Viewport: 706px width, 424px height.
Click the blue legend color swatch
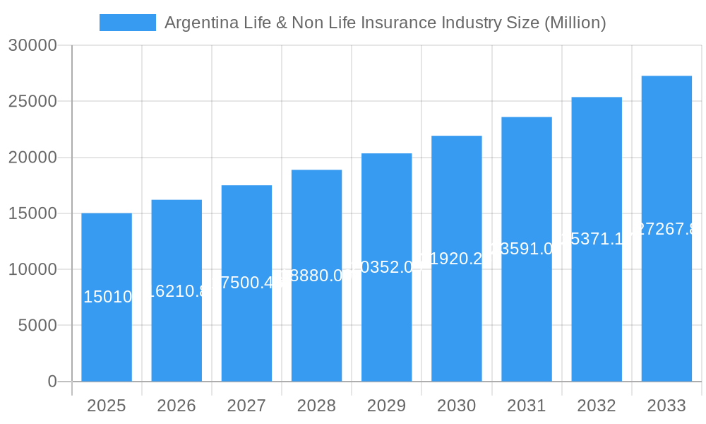coord(128,23)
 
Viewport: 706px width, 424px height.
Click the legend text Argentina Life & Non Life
coord(385,23)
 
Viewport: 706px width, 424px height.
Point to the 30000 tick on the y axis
coord(32,45)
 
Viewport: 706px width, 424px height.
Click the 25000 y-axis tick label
coord(32,101)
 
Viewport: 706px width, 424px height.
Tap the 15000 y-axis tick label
coord(32,213)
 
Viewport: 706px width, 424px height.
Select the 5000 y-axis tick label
coord(37,325)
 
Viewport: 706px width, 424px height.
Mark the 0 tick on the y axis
coord(52,382)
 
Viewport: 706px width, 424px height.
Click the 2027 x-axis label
coord(246,406)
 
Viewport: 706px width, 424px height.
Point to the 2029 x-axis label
coord(386,406)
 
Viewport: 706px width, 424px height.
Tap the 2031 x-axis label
coord(527,406)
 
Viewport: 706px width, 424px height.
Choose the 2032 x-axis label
coord(597,406)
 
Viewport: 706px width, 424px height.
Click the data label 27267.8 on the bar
coord(666,229)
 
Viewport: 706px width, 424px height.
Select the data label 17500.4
coord(246,283)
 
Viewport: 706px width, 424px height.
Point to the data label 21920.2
coord(457,259)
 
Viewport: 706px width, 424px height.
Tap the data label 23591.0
coord(527,249)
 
